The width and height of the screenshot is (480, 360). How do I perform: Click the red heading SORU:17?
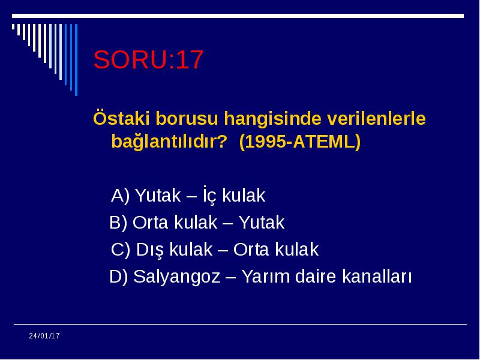tap(148, 59)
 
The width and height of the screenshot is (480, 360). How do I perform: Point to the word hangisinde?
tap(273, 119)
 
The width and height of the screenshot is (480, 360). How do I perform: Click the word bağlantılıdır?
tap(169, 142)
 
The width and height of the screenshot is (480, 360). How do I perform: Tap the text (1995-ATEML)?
tap(300, 142)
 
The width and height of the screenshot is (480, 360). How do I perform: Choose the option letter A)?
tap(121, 196)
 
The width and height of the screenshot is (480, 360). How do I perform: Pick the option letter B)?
tap(118, 222)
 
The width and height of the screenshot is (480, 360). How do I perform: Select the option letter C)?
tap(121, 249)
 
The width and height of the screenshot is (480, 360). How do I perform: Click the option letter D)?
tap(118, 276)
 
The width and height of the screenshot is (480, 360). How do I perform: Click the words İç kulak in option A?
tap(234, 194)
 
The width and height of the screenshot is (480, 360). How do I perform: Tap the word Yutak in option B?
tap(262, 222)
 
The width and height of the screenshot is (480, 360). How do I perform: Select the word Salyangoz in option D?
tap(176, 277)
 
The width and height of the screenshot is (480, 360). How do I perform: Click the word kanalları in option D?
tap(377, 276)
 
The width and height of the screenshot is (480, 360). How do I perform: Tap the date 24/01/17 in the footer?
tap(44, 336)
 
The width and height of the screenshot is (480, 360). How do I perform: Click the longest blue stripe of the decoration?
tap(76, 60)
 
